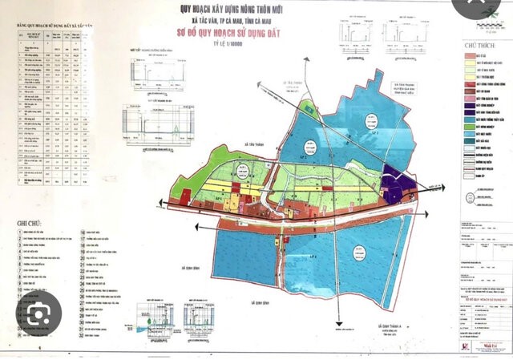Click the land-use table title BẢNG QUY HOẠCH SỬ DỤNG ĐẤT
coord(50,27)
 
